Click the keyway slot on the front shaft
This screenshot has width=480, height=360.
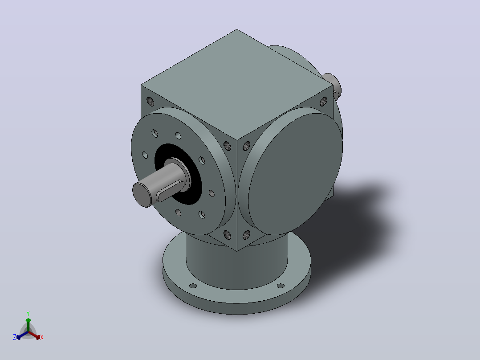click(x=171, y=191)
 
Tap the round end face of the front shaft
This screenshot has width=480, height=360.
click(x=142, y=195)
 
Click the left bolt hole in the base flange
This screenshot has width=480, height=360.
click(x=193, y=286)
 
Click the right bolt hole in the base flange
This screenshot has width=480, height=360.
click(x=281, y=286)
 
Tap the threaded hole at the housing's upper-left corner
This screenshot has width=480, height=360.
click(x=150, y=101)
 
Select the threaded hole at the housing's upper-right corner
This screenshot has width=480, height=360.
click(x=324, y=101)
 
